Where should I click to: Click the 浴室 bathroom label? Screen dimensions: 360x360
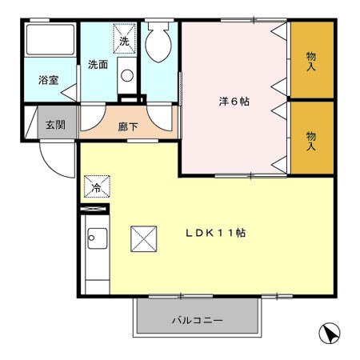[49, 79]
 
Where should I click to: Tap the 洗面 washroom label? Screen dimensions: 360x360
[98, 65]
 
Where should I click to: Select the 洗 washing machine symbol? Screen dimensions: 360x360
[125, 38]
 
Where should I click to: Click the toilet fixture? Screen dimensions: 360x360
[158, 41]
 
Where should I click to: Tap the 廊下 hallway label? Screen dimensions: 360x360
[127, 126]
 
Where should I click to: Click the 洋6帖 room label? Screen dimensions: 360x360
[233, 102]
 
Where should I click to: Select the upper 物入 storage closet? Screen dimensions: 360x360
[311, 61]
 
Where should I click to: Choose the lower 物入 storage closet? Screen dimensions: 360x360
[311, 141]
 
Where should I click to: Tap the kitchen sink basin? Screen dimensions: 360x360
[97, 238]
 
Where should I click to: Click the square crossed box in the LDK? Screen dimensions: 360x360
[145, 238]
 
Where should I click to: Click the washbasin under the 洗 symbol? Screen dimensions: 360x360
[126, 76]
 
